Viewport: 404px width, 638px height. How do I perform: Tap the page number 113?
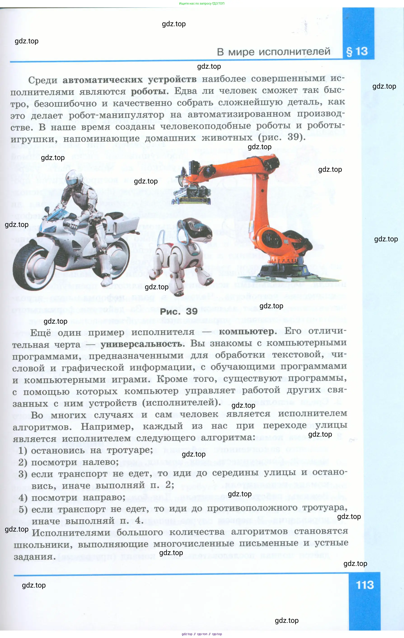[364, 585]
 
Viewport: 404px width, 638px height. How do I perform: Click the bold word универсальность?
[142, 344]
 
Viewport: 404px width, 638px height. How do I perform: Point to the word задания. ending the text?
[35, 557]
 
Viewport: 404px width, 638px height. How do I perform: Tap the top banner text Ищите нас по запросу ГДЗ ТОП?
[201, 3]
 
